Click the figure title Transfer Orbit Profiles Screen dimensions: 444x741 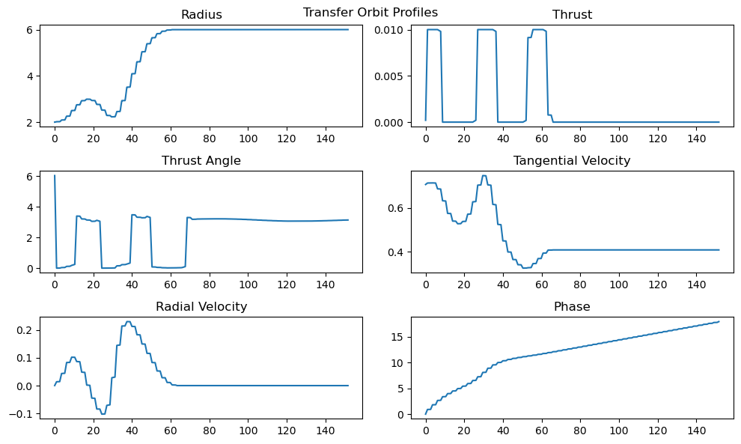tap(370, 13)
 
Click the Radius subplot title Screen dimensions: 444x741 tap(201, 15)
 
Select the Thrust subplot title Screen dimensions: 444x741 tap(572, 15)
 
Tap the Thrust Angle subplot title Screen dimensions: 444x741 tap(201, 161)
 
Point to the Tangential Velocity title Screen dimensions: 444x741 tap(572, 161)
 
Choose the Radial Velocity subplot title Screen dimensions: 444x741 tap(201, 307)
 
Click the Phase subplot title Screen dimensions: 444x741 tap(572, 307)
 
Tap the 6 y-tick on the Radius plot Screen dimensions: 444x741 tap(29, 30)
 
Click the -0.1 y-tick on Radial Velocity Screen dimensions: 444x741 tap(21, 414)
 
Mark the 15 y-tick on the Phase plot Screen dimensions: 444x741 tap(398, 337)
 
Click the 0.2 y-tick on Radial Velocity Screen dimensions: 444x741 tap(24, 330)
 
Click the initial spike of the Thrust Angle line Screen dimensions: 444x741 tap(55, 176)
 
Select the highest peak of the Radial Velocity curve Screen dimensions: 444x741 tap(128, 322)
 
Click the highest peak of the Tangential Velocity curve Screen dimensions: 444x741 tap(484, 175)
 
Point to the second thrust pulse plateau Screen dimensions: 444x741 tap(486, 30)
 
